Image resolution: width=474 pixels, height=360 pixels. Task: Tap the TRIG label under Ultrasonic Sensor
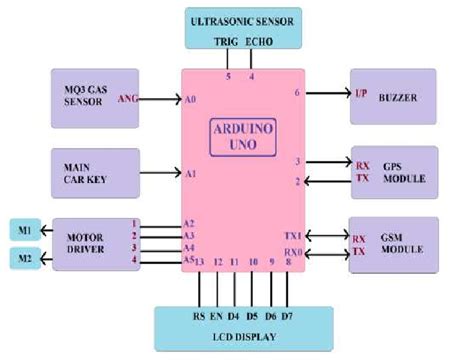[226, 43]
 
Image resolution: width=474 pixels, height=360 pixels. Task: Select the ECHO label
[258, 43]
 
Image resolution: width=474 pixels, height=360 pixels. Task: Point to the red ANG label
[128, 98]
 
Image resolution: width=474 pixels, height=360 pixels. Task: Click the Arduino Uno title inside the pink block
[242, 136]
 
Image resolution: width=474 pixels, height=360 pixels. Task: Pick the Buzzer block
[393, 96]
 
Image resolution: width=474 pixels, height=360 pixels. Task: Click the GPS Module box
[393, 172]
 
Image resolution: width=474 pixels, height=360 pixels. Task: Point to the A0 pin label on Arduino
[190, 99]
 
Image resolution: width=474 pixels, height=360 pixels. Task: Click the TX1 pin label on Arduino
[291, 233]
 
